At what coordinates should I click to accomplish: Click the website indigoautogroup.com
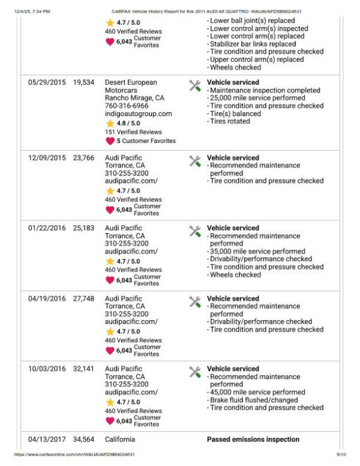tap(138, 113)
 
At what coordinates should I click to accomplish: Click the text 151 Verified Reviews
tap(133, 132)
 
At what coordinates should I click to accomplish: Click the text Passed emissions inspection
tap(253, 440)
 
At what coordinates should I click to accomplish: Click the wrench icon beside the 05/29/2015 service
tap(195, 85)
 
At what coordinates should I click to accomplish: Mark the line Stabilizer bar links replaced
tap(253, 44)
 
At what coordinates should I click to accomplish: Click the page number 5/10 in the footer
tap(341, 455)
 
